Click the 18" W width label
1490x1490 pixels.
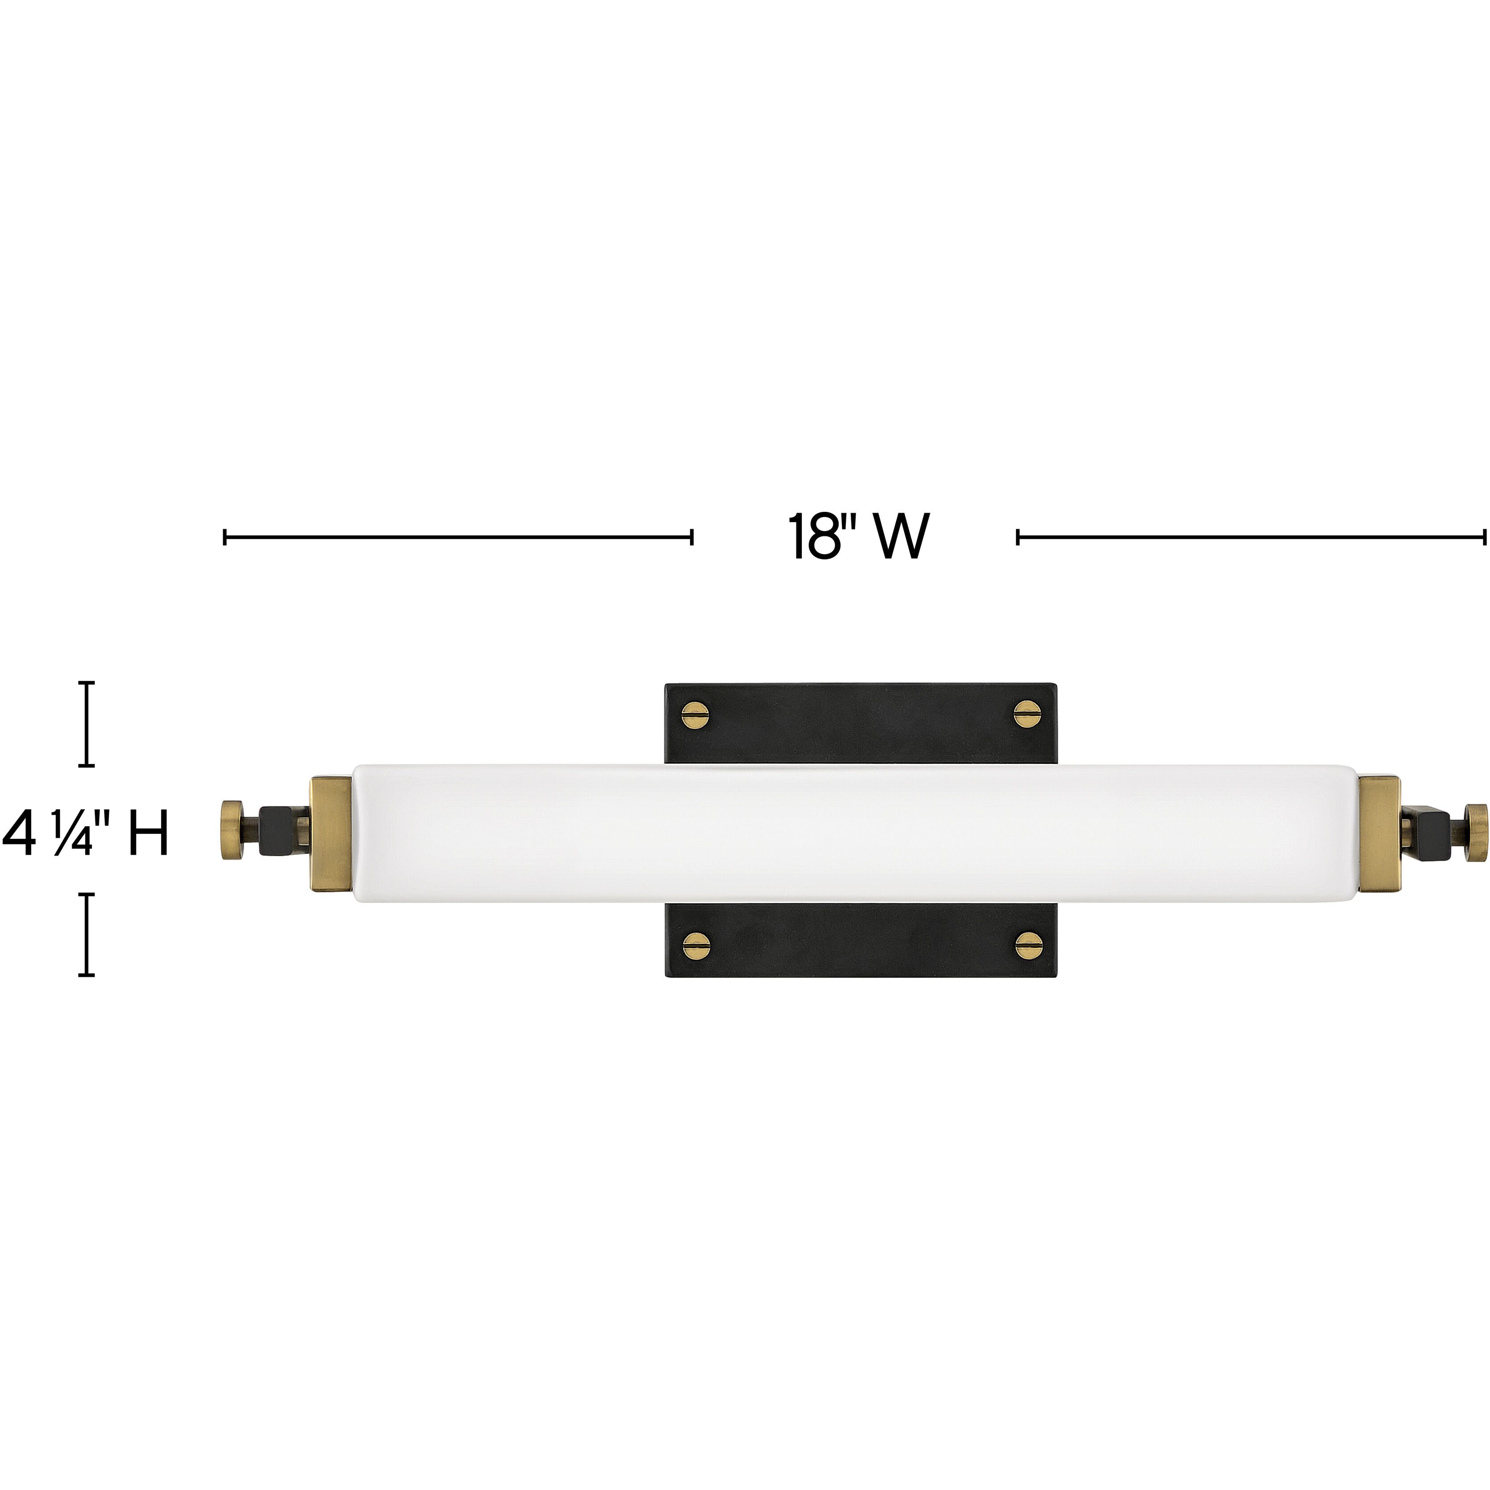[x=857, y=538]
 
